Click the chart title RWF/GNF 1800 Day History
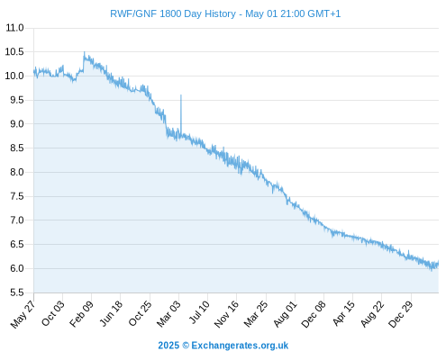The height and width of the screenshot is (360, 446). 173,13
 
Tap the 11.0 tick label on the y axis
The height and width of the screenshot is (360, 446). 14,28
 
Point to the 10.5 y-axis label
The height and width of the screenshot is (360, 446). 14,52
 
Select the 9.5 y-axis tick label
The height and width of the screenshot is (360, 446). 17,100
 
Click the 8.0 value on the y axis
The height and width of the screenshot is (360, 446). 17,172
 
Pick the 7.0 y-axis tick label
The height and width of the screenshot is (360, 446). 17,220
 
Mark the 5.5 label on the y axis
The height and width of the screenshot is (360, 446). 17,292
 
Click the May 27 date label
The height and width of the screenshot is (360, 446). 23,314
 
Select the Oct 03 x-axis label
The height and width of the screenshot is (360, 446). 53,313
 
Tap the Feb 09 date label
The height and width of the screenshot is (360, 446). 81,314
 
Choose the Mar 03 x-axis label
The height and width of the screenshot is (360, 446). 168,313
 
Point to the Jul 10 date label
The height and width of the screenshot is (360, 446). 199,312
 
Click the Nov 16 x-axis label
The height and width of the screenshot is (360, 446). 226,314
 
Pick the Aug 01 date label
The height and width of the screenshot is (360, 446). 285,314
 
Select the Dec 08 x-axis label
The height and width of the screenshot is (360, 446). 314,314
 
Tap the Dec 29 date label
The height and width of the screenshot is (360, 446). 401,314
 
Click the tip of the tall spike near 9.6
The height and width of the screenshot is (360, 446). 181,95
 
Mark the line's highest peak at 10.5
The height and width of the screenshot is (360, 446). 84,52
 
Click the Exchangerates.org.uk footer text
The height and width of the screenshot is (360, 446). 240,346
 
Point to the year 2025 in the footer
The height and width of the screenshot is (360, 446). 168,346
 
